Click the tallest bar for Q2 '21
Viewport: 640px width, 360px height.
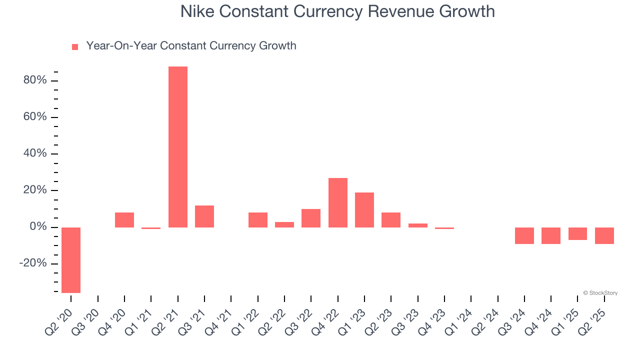177,147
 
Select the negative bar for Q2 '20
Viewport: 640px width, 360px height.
71,260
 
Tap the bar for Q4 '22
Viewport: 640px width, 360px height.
337,202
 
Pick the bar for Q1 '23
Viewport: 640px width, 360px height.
364,210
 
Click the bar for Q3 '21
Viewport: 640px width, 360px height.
204,216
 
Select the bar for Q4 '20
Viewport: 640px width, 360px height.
124,220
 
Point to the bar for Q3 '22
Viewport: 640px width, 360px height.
311,218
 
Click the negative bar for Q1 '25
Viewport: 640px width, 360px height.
577,233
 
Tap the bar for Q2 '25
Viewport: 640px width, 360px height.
604,235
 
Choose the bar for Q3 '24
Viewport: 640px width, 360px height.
524,235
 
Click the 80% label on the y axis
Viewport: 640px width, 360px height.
35,80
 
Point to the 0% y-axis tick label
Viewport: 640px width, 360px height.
38,227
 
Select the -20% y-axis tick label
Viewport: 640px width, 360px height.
33,263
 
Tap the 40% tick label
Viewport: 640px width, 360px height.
35,153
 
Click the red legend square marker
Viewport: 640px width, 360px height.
75,47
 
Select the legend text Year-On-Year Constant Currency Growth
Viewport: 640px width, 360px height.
191,46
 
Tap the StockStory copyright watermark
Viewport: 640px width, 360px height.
600,293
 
